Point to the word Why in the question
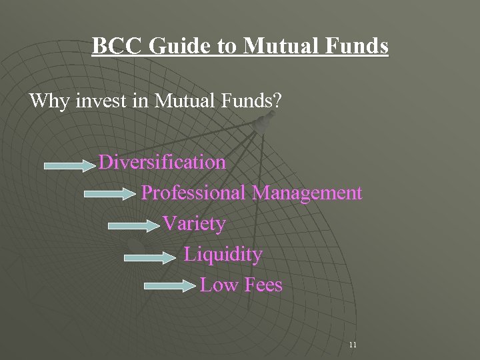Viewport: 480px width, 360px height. (49, 101)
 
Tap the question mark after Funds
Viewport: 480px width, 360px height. (277, 101)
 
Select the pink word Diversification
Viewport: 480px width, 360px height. (162, 162)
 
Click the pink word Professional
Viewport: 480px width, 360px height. (194, 193)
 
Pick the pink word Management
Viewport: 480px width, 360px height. (307, 193)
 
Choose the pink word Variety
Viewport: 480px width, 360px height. (193, 223)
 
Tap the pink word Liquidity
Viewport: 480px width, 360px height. (223, 254)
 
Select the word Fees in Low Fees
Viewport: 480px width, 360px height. (263, 285)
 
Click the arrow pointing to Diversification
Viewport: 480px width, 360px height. (69, 164)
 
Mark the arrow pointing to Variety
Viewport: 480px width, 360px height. (133, 226)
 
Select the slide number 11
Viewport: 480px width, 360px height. (353, 345)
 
